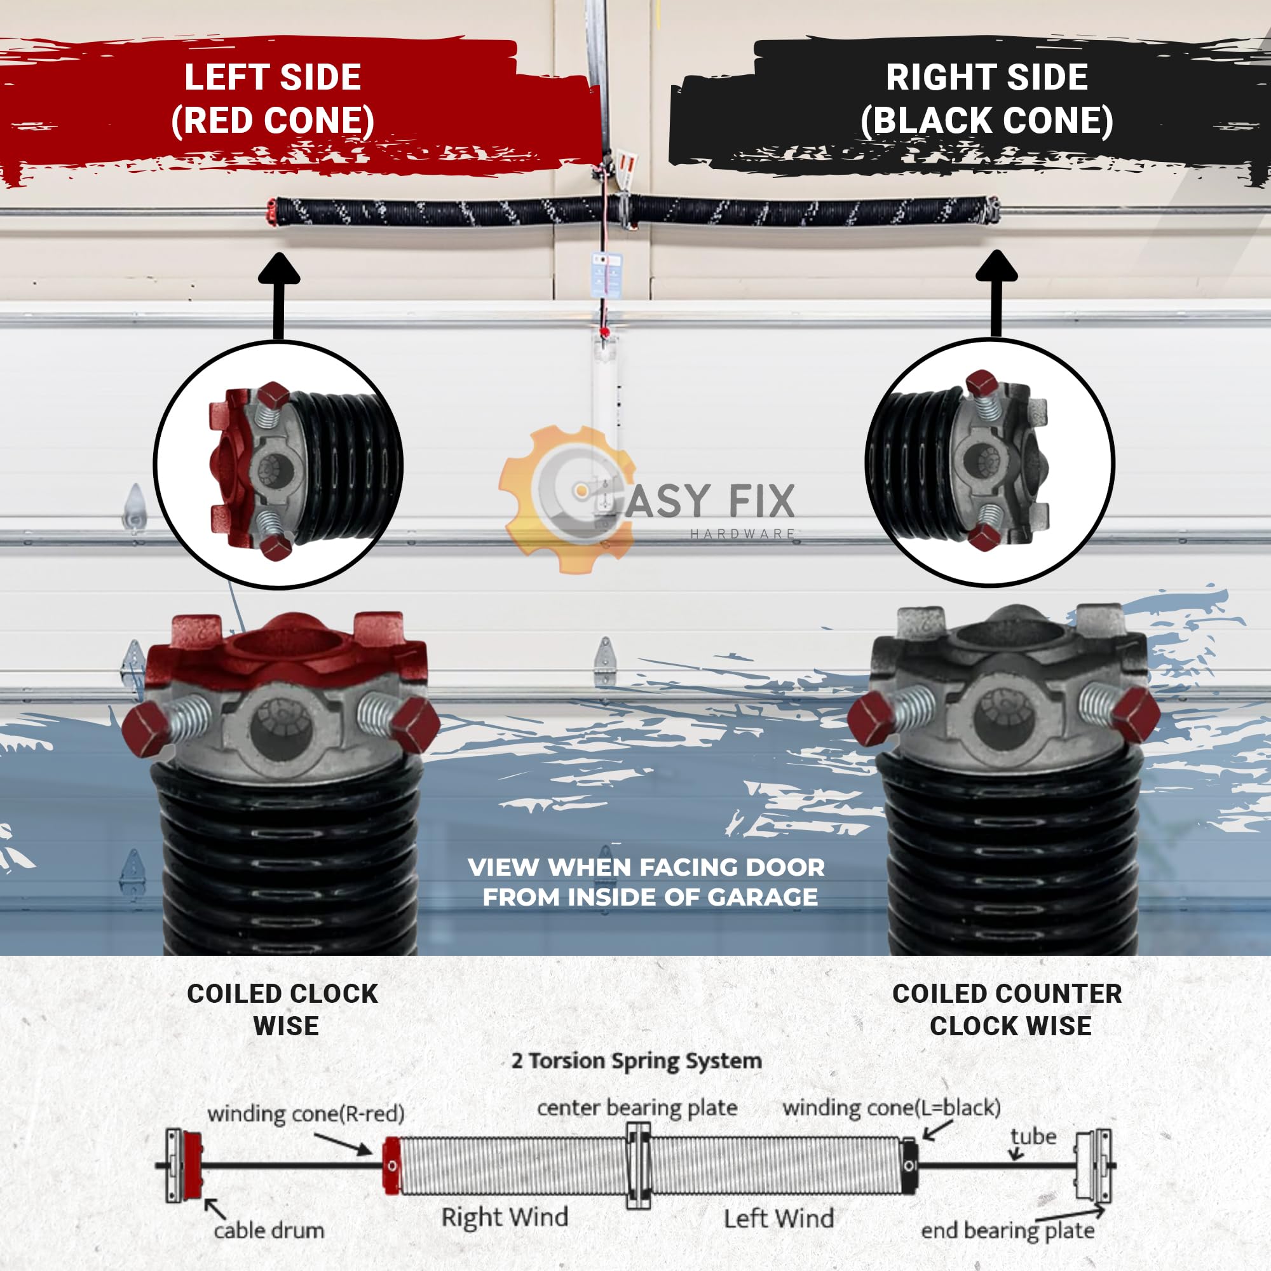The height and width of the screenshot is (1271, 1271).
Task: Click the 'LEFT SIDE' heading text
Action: point(273,78)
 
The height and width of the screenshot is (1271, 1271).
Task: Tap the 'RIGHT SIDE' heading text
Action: point(987,78)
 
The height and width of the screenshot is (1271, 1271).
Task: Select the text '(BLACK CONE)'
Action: point(987,120)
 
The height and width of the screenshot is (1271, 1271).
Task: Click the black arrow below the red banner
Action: point(280,296)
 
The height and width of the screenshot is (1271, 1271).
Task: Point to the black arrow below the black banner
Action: point(996,294)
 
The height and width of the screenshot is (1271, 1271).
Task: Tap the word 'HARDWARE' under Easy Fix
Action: point(743,534)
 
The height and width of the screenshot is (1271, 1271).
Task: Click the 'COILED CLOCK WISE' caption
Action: point(283,1010)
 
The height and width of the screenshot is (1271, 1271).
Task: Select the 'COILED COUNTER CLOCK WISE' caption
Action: point(1007,1010)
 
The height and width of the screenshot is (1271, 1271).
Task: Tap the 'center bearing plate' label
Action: point(637,1108)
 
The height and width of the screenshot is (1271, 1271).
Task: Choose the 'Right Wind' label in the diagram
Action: point(505,1217)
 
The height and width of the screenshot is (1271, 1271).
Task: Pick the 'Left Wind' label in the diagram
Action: point(779,1218)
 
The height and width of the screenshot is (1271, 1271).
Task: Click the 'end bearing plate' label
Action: point(1007,1230)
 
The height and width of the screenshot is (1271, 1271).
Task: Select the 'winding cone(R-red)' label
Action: point(306,1114)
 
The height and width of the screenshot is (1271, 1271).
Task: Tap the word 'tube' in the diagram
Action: point(1033,1137)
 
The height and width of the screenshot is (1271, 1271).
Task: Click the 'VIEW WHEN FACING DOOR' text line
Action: point(646,867)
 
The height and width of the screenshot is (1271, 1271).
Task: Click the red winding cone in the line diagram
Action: point(391,1166)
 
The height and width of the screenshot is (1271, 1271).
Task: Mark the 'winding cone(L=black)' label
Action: point(892,1108)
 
